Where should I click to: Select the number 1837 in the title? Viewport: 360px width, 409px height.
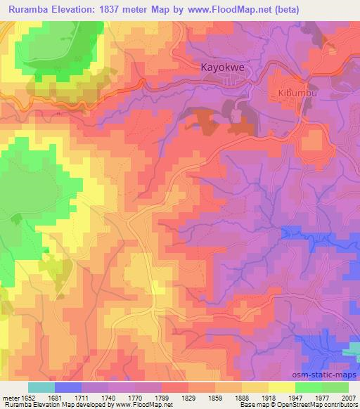pos(128,10)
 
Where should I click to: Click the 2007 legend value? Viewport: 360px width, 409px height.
pos(348,397)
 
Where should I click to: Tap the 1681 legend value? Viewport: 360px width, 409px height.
pos(68,397)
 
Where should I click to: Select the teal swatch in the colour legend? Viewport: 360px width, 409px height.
pos(41,387)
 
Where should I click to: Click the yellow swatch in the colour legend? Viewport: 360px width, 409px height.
pos(281,387)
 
